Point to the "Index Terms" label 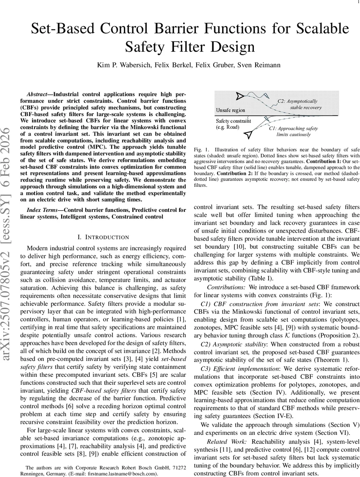42,209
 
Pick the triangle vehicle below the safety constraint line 248,135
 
